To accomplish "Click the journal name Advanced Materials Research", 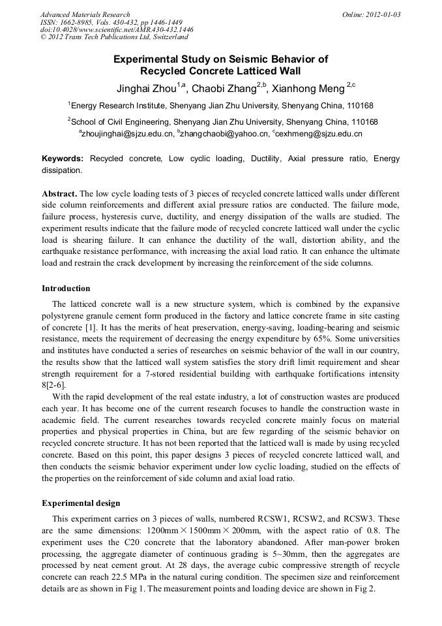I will point(85,14).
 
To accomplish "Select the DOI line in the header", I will point(117,29).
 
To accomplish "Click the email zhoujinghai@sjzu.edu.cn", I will point(128,134).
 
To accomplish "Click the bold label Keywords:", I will point(63,159).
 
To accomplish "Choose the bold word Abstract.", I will point(59,195).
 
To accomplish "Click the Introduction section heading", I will point(66,288).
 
